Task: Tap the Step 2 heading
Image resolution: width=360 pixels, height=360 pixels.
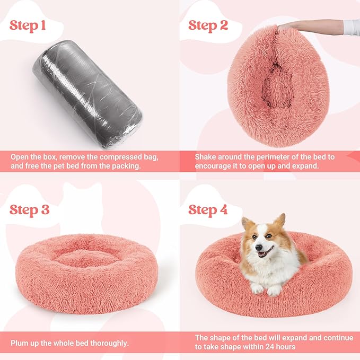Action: pyautogui.click(x=208, y=25)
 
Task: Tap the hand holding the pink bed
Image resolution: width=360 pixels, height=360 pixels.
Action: pyautogui.click(x=297, y=24)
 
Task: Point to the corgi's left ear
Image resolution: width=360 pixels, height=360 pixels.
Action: pyautogui.click(x=246, y=223)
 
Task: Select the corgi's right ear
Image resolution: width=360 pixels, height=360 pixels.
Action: pyautogui.click(x=280, y=219)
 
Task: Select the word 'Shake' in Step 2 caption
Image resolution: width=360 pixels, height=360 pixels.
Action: pyautogui.click(x=206, y=157)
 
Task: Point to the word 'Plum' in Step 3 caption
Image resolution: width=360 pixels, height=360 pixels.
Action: pyautogui.click(x=19, y=343)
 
